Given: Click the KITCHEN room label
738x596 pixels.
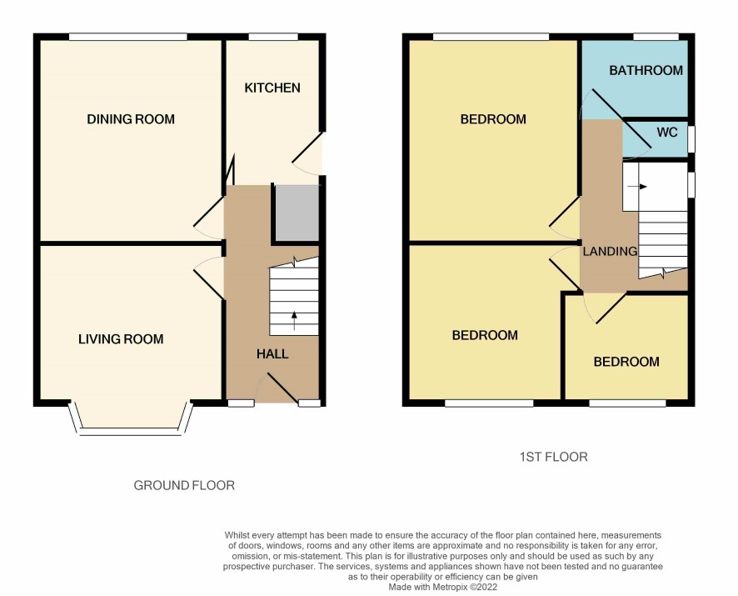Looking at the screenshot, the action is click(272, 88).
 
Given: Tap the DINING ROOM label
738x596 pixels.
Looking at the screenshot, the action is click(131, 119).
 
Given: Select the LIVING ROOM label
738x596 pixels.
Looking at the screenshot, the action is click(121, 339).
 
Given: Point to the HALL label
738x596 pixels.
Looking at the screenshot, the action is click(272, 354).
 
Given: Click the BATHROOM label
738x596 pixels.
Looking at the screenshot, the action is click(646, 71).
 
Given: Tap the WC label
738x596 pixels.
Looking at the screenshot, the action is click(667, 133).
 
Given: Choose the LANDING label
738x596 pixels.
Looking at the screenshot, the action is click(610, 252).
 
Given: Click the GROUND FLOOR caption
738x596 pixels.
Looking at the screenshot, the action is click(184, 485).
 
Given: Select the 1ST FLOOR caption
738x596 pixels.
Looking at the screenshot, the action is click(553, 457).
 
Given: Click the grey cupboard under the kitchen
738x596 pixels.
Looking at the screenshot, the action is click(297, 213).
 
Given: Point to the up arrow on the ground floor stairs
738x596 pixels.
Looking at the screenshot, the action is click(295, 320).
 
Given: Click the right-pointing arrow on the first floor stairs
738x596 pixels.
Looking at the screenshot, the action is click(637, 187).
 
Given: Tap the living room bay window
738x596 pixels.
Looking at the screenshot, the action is click(131, 419).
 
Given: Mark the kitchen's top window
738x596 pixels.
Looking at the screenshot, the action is click(273, 37).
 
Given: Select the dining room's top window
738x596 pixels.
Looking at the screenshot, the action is click(128, 37).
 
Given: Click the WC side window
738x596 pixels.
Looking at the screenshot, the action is click(691, 139).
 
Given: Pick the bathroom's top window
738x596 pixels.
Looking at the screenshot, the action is click(656, 37).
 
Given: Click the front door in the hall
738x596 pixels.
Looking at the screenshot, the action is click(282, 388).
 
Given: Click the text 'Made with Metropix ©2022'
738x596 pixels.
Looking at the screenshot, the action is click(443, 587).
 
